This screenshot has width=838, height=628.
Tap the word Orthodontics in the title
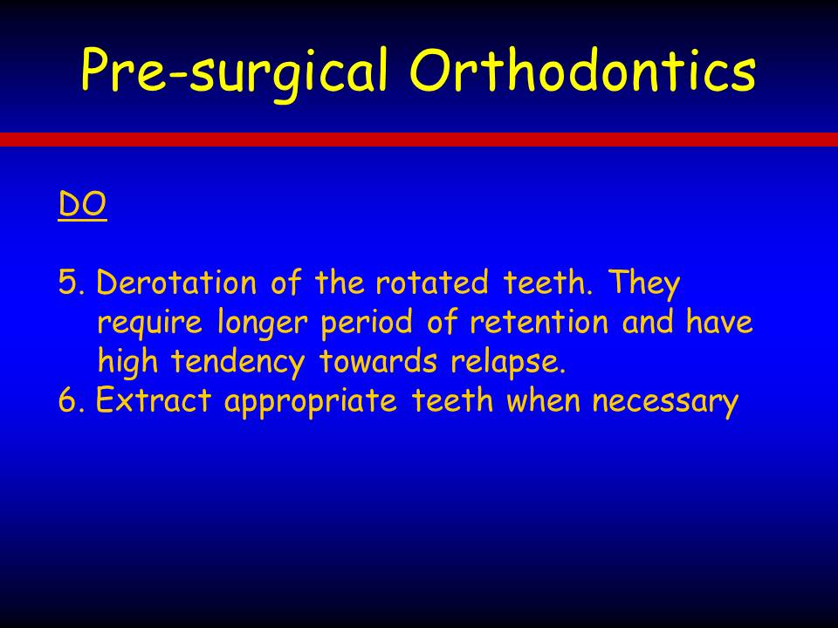[x=582, y=70]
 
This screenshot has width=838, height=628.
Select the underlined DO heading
[x=82, y=204]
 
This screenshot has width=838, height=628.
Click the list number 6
[x=72, y=400]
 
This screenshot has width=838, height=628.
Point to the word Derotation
[x=176, y=282]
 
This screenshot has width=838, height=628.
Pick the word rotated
[x=432, y=282]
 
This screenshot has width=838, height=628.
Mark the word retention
[x=539, y=322]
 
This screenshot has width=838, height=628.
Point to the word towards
[x=378, y=360]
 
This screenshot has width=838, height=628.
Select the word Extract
[x=154, y=399]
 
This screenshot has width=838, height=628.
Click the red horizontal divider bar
[x=419, y=140]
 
